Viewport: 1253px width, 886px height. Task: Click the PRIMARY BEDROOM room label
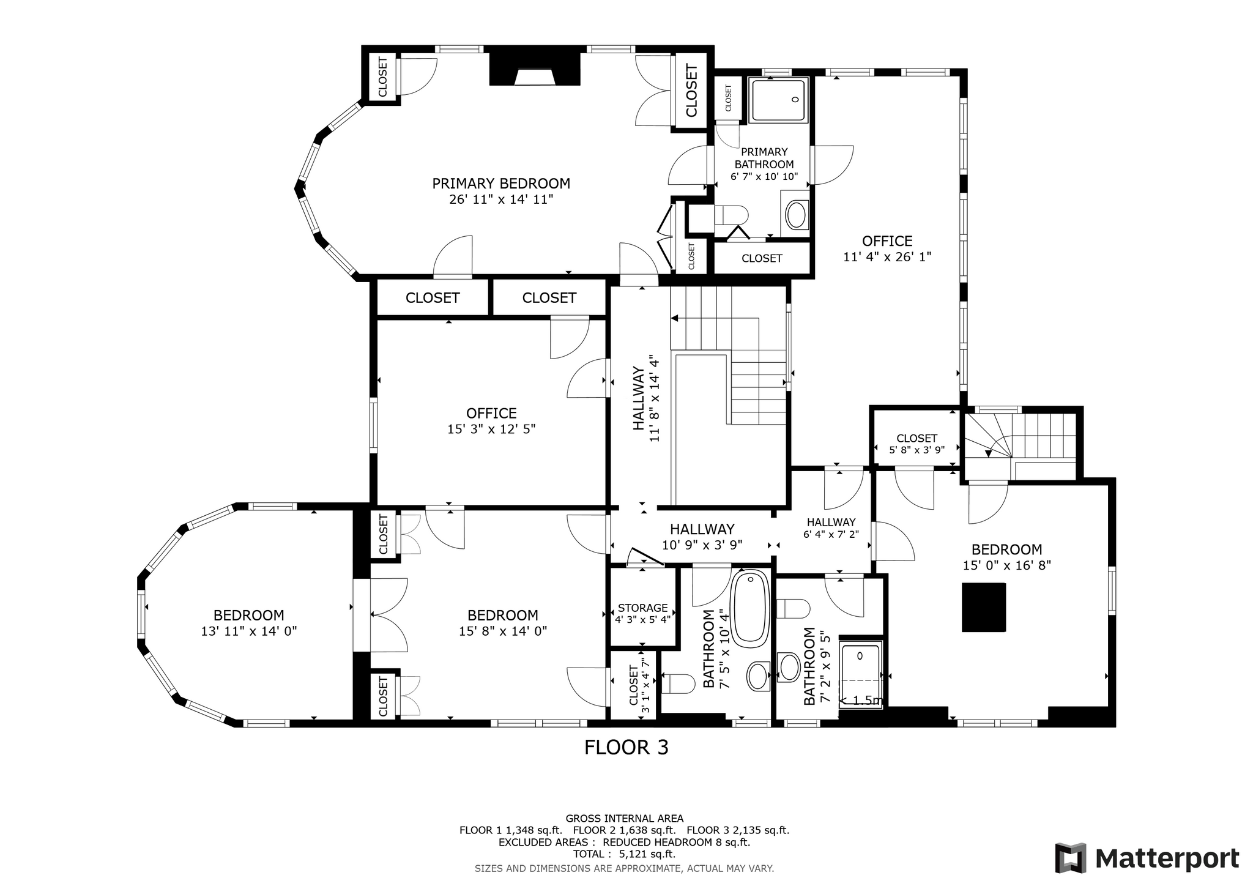pyautogui.click(x=501, y=184)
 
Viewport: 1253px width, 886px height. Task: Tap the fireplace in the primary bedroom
pyautogui.click(x=535, y=69)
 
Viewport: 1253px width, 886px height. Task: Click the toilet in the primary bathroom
pyautogui.click(x=732, y=215)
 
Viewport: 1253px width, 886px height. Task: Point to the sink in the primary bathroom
pyautogui.click(x=796, y=215)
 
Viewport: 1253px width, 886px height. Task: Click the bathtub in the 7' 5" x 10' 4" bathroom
pyautogui.click(x=750, y=609)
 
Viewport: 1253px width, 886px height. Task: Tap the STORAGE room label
pyautogui.click(x=642, y=608)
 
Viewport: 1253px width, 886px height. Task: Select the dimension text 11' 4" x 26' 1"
pyautogui.click(x=887, y=257)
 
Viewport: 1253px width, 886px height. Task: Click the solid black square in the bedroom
pyautogui.click(x=984, y=607)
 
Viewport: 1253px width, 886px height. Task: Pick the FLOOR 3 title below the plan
pyautogui.click(x=626, y=747)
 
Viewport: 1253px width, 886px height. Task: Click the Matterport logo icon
pyautogui.click(x=1071, y=858)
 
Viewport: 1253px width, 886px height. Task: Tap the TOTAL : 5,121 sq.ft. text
pyautogui.click(x=624, y=854)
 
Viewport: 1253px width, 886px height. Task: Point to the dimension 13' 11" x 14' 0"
pyautogui.click(x=249, y=631)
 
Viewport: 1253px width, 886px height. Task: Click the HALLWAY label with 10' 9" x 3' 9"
pyautogui.click(x=702, y=529)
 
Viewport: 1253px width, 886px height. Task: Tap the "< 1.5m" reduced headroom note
pyautogui.click(x=860, y=701)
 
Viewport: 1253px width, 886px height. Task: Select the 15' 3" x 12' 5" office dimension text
pyautogui.click(x=491, y=429)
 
